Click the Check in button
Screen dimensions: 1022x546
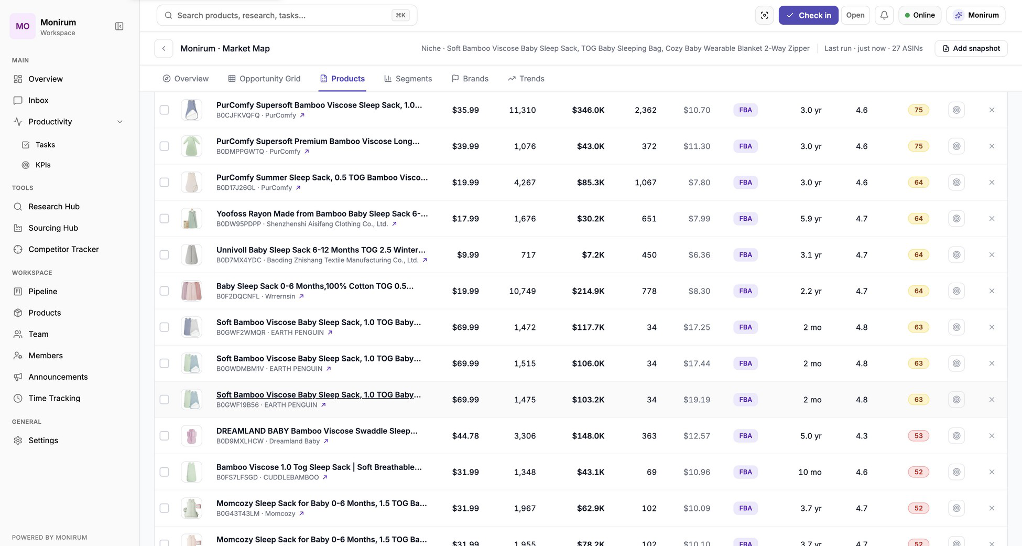(x=808, y=15)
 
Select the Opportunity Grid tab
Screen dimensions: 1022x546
(x=264, y=79)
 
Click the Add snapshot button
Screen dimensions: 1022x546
(x=971, y=48)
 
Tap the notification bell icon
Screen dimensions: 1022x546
(x=884, y=15)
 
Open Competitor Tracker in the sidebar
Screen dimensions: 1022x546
(x=63, y=249)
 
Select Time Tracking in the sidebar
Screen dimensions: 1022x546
(x=54, y=398)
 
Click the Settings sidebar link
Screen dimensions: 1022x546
(x=43, y=440)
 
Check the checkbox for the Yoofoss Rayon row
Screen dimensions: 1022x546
(x=164, y=218)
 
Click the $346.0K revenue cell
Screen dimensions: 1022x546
(x=588, y=110)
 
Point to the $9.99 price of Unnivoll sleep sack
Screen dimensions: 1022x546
(x=467, y=255)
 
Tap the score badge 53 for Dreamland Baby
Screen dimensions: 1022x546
(x=918, y=436)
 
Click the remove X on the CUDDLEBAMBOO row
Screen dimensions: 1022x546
(x=992, y=472)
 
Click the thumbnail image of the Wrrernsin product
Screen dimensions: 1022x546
(x=191, y=291)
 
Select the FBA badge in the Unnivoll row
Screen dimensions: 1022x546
(x=745, y=255)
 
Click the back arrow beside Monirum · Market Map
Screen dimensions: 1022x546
(x=164, y=48)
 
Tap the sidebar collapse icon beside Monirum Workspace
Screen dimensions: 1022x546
(x=119, y=26)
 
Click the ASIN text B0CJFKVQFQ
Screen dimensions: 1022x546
(x=237, y=115)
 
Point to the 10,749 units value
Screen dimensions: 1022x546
(x=522, y=291)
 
